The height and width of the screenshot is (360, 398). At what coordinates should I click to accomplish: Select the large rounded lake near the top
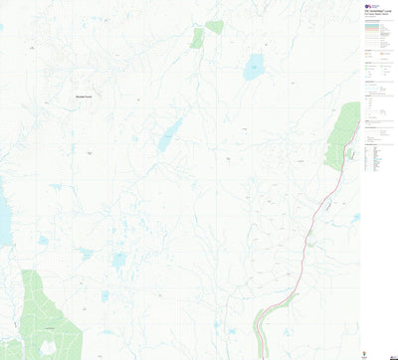pyautogui.click(x=255, y=68)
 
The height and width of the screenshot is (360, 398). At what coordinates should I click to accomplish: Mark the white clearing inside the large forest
pyautogui.click(x=46, y=347)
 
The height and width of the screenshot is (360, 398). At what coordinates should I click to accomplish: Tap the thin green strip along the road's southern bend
pyautogui.click(x=260, y=323)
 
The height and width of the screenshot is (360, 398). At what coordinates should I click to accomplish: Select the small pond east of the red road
pyautogui.click(x=355, y=217)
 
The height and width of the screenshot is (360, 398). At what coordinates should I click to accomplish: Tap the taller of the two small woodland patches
pyautogui.click(x=197, y=38)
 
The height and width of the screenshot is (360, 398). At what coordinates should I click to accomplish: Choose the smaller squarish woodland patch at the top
pyautogui.click(x=214, y=27)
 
